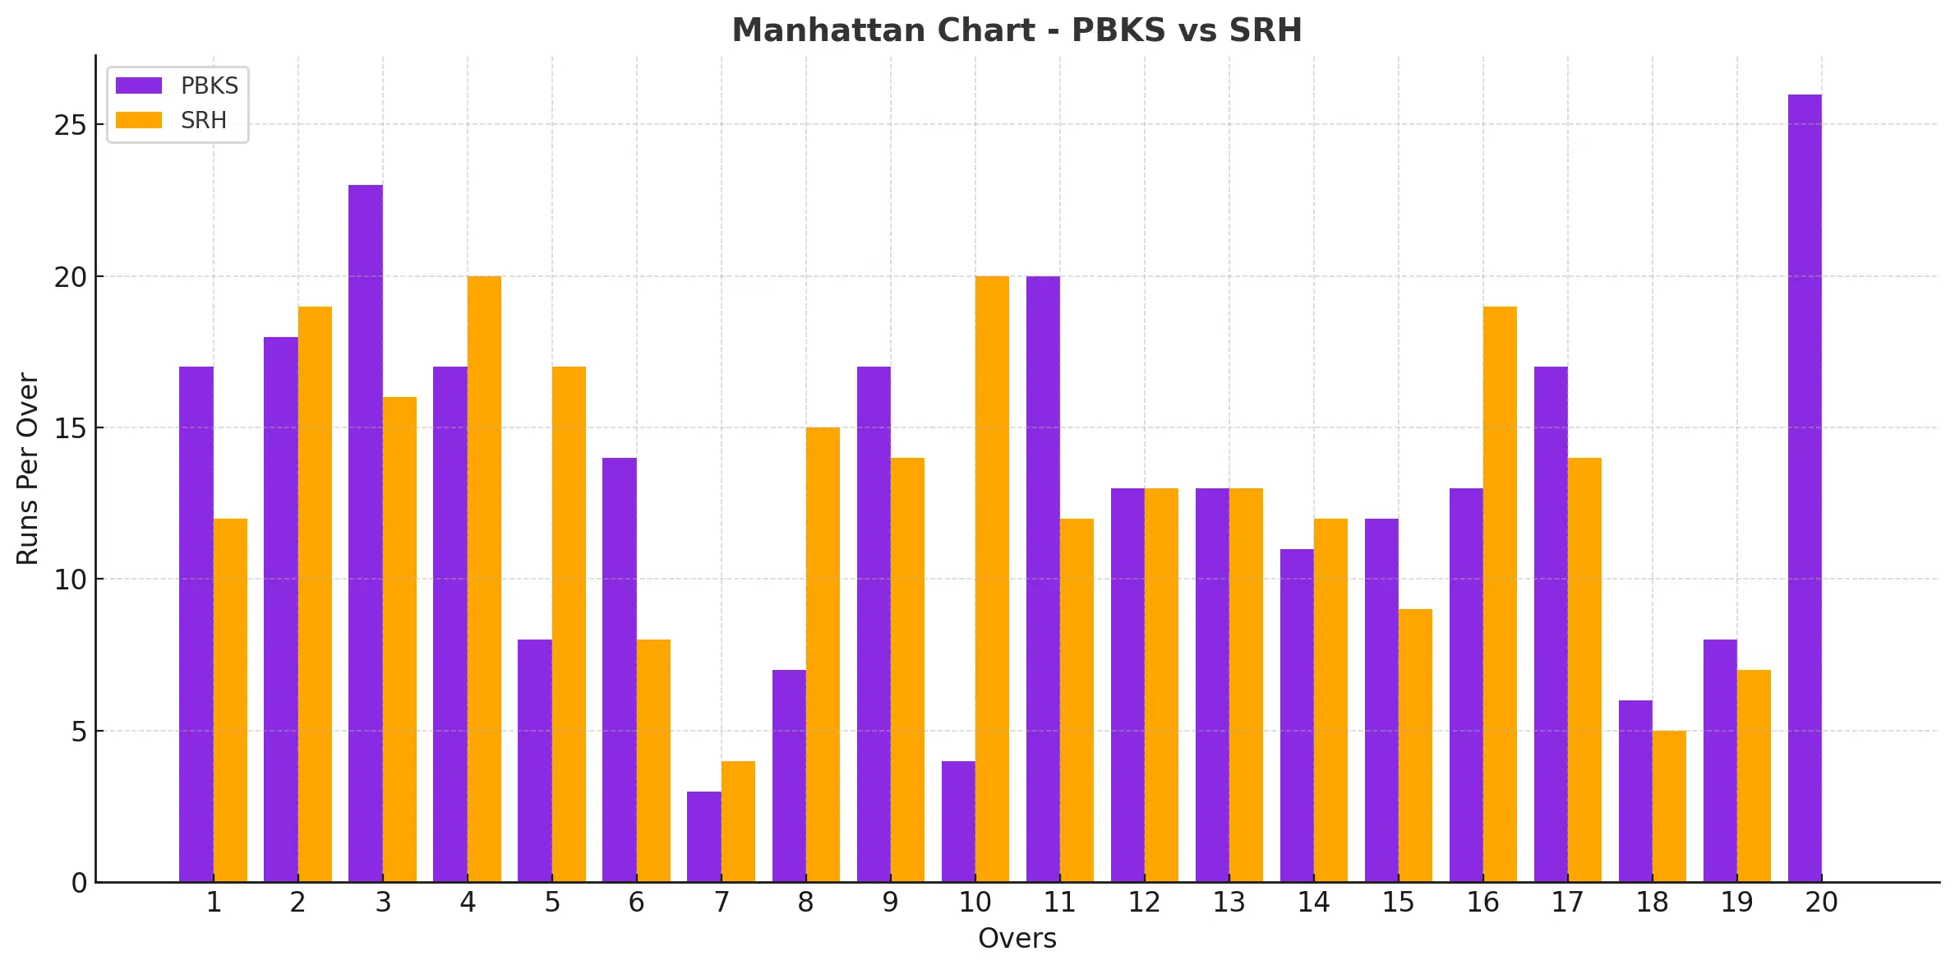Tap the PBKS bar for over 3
click(x=365, y=533)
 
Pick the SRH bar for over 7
click(x=738, y=821)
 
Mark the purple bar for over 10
click(x=958, y=821)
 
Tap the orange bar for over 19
click(x=1754, y=776)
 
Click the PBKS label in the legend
click(x=209, y=85)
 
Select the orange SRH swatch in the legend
click(x=138, y=120)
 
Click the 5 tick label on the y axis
click(x=79, y=732)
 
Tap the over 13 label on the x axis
click(x=1229, y=903)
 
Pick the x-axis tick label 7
click(x=721, y=903)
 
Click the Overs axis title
click(x=1017, y=938)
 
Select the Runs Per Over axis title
click(x=28, y=469)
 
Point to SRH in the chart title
click(x=1266, y=30)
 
